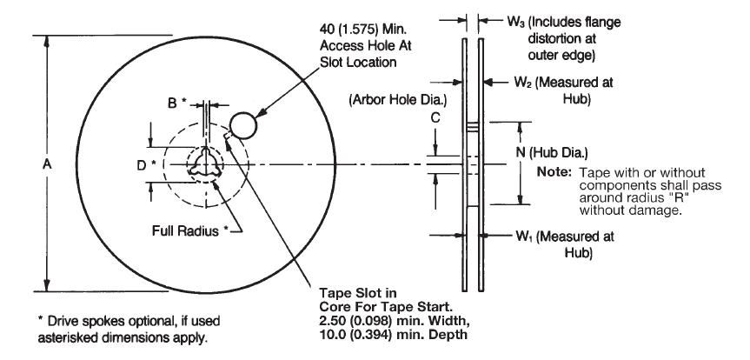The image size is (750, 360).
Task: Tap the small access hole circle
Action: tap(245, 125)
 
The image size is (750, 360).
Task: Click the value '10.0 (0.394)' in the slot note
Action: tap(357, 334)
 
